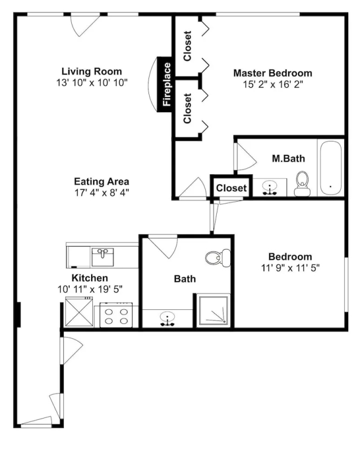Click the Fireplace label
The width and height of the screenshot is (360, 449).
[x=167, y=84]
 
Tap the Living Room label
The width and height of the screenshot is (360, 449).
[x=92, y=71]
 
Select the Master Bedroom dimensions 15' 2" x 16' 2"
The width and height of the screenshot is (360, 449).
[x=273, y=84]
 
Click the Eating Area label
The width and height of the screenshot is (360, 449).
[x=102, y=182]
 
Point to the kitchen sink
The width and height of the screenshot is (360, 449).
[x=102, y=257]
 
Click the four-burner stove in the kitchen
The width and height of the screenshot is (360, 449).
[x=116, y=315]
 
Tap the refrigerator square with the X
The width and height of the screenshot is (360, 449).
[x=79, y=312]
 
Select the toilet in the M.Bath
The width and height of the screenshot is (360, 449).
[x=302, y=184]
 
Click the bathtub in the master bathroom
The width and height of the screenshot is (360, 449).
[x=331, y=168]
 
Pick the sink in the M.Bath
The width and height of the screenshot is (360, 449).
[x=269, y=188]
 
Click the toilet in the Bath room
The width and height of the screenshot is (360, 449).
[x=218, y=258]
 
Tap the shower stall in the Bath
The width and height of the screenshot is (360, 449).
[x=214, y=310]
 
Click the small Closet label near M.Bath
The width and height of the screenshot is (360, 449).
[x=231, y=188]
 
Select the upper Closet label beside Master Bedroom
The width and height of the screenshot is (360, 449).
[x=187, y=46]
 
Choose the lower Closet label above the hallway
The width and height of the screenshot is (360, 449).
[x=187, y=109]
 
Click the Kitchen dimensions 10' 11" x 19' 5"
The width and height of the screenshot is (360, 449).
[x=90, y=289]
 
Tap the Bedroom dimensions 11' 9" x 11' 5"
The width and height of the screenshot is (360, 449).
[x=290, y=268]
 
